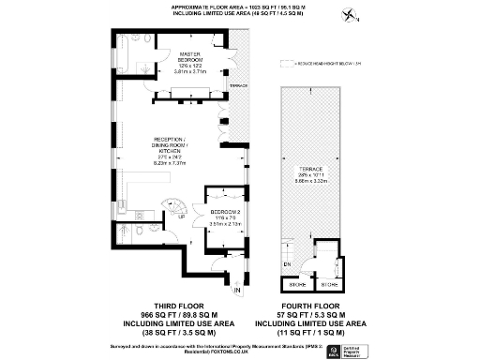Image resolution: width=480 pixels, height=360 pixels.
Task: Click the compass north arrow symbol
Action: tap(351, 15)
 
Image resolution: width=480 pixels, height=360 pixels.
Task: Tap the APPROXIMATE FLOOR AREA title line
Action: tap(240, 6)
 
